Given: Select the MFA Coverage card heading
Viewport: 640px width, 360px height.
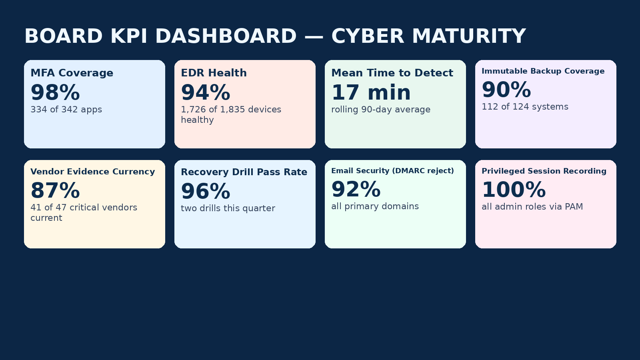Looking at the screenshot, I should pos(72,73).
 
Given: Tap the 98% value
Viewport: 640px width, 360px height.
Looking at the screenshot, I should pos(55,92).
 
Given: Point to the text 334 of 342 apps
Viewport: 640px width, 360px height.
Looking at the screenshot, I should pos(66,110).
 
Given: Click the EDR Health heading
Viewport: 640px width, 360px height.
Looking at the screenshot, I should pos(214,73).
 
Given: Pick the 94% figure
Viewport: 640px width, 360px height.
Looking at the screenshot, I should pos(206,92).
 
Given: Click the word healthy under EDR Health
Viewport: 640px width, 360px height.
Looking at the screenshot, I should pos(197,120).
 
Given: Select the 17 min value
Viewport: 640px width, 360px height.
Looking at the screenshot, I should pos(371,92).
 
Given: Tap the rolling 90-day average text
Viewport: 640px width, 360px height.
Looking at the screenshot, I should pos(381,110).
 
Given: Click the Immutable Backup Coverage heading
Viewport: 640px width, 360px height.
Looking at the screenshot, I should pos(543,71).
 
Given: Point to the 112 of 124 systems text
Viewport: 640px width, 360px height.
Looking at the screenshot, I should pos(525,107).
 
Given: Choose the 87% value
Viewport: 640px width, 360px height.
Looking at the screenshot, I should pos(55,190).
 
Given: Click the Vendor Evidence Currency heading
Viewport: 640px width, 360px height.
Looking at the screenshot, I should pos(92,172).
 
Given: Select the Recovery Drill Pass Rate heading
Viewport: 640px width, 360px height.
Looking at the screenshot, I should pos(244,172).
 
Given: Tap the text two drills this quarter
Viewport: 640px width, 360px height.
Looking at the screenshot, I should pos(228,208).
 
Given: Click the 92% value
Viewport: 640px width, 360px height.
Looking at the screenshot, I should pos(356,189).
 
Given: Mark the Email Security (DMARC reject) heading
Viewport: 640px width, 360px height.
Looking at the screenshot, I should pos(392,171).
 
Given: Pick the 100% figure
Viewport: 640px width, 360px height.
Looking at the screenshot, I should pos(514,190).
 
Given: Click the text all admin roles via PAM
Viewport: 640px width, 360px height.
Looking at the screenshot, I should pos(532,207).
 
